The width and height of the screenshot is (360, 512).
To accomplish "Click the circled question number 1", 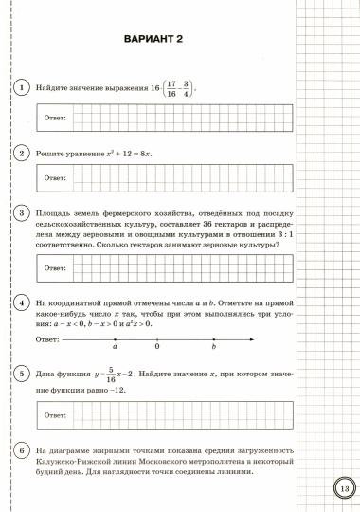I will [x=20, y=87].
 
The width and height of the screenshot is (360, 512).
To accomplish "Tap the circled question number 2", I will [x=20, y=153].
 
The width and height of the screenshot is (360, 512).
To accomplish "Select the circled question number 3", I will [x=20, y=215].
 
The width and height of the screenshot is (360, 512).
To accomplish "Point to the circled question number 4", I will [x=20, y=303].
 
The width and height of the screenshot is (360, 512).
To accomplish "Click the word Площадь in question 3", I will [x=52, y=215].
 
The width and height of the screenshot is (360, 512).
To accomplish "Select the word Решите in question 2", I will [x=48, y=153].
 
